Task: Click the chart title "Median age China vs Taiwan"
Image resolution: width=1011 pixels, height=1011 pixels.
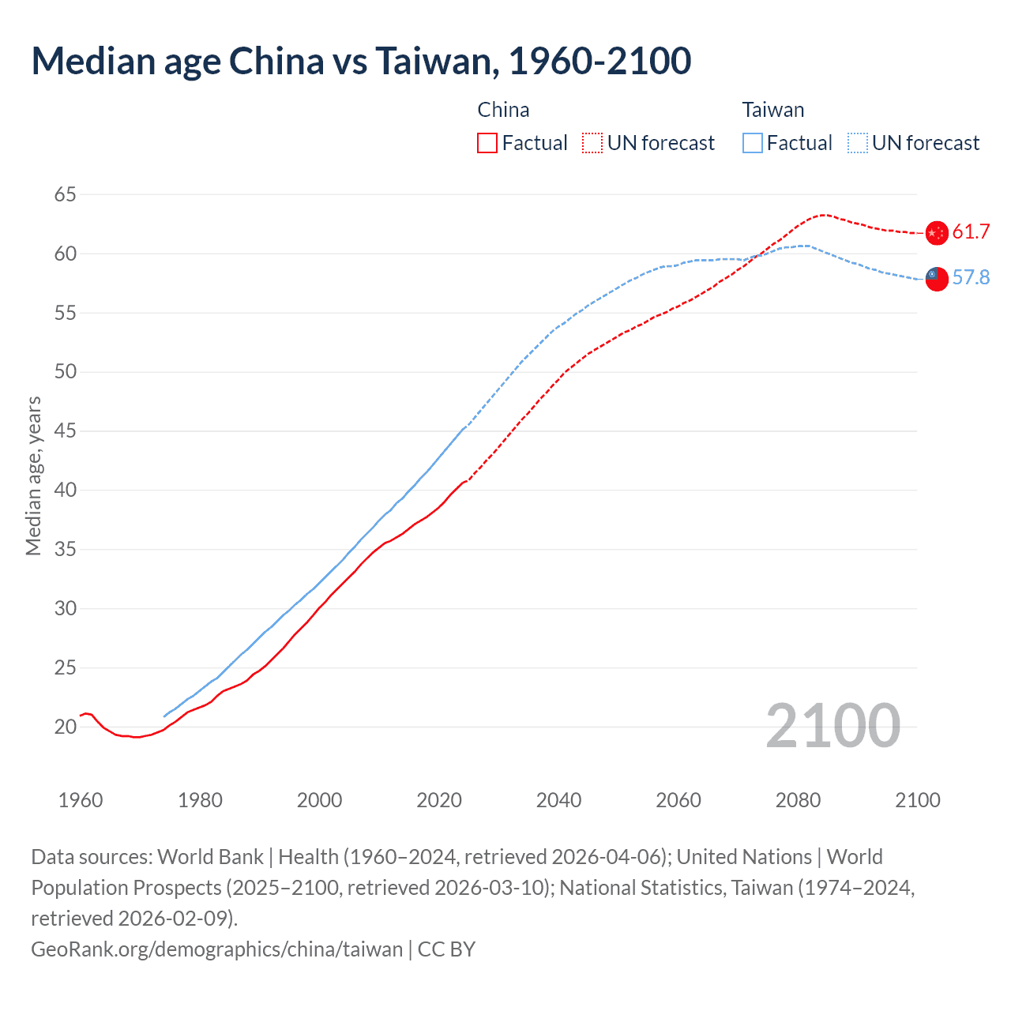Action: point(361,61)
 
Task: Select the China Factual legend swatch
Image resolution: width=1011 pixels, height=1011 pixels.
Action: point(487,143)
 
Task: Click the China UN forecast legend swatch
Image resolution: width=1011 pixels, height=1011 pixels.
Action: point(592,143)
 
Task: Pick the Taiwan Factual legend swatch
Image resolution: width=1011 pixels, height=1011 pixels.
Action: point(753,143)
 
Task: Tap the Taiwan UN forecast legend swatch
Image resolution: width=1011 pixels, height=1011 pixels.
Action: point(858,143)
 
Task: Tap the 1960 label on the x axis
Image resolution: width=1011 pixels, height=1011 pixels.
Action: point(81,800)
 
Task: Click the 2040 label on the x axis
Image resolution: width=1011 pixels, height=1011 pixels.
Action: point(558,800)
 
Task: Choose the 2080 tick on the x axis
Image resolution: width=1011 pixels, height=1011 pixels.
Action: point(798,800)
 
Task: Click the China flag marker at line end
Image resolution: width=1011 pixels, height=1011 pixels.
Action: point(937,233)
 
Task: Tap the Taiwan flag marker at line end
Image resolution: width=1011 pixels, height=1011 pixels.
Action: point(936,279)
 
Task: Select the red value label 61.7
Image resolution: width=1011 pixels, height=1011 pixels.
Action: point(971,231)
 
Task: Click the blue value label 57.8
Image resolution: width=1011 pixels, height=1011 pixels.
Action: point(971,277)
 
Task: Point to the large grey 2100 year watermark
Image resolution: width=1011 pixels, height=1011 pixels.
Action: point(832,726)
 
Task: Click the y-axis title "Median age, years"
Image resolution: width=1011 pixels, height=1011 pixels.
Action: point(33,476)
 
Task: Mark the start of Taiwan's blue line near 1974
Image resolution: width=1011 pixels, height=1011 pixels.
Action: point(164,716)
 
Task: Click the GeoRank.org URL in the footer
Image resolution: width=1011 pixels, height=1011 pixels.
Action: point(216,949)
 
